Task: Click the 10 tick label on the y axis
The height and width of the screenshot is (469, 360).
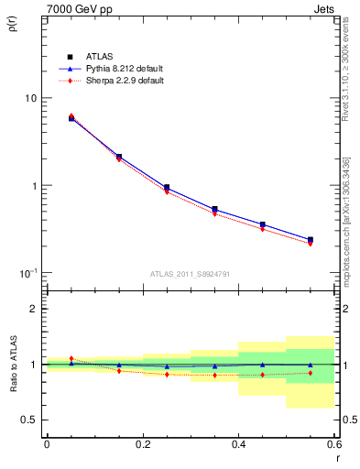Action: (x=30, y=98)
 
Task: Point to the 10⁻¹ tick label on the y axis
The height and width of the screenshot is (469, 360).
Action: (x=27, y=272)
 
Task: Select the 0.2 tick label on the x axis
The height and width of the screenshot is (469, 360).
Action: (x=142, y=444)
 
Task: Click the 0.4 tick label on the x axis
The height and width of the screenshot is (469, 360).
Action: (x=238, y=444)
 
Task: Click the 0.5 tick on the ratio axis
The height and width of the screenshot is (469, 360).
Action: (x=29, y=420)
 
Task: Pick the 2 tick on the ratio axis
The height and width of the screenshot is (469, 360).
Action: (x=33, y=309)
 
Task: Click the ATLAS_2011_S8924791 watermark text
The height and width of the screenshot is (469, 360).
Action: (x=189, y=274)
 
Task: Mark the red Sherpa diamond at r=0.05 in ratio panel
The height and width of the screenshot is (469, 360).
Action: (x=71, y=358)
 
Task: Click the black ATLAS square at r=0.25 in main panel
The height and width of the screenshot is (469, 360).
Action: (x=167, y=188)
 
